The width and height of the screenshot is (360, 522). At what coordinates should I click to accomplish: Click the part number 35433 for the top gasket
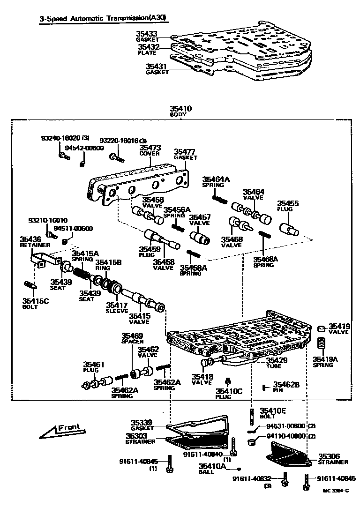[x=147, y=34]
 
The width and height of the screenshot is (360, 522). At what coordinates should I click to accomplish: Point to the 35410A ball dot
[x=239, y=468]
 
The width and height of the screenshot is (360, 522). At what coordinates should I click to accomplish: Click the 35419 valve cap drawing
[x=322, y=328]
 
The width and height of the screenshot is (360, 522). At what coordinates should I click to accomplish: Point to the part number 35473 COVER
[x=150, y=148]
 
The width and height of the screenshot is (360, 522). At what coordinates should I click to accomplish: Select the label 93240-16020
[x=60, y=138]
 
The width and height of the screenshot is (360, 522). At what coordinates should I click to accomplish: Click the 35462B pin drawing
[x=265, y=387]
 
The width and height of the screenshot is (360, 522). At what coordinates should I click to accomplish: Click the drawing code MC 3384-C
[x=335, y=490]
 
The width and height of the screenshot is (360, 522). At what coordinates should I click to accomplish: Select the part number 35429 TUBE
[x=276, y=360]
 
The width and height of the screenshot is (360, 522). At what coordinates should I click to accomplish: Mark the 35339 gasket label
[x=142, y=423]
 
